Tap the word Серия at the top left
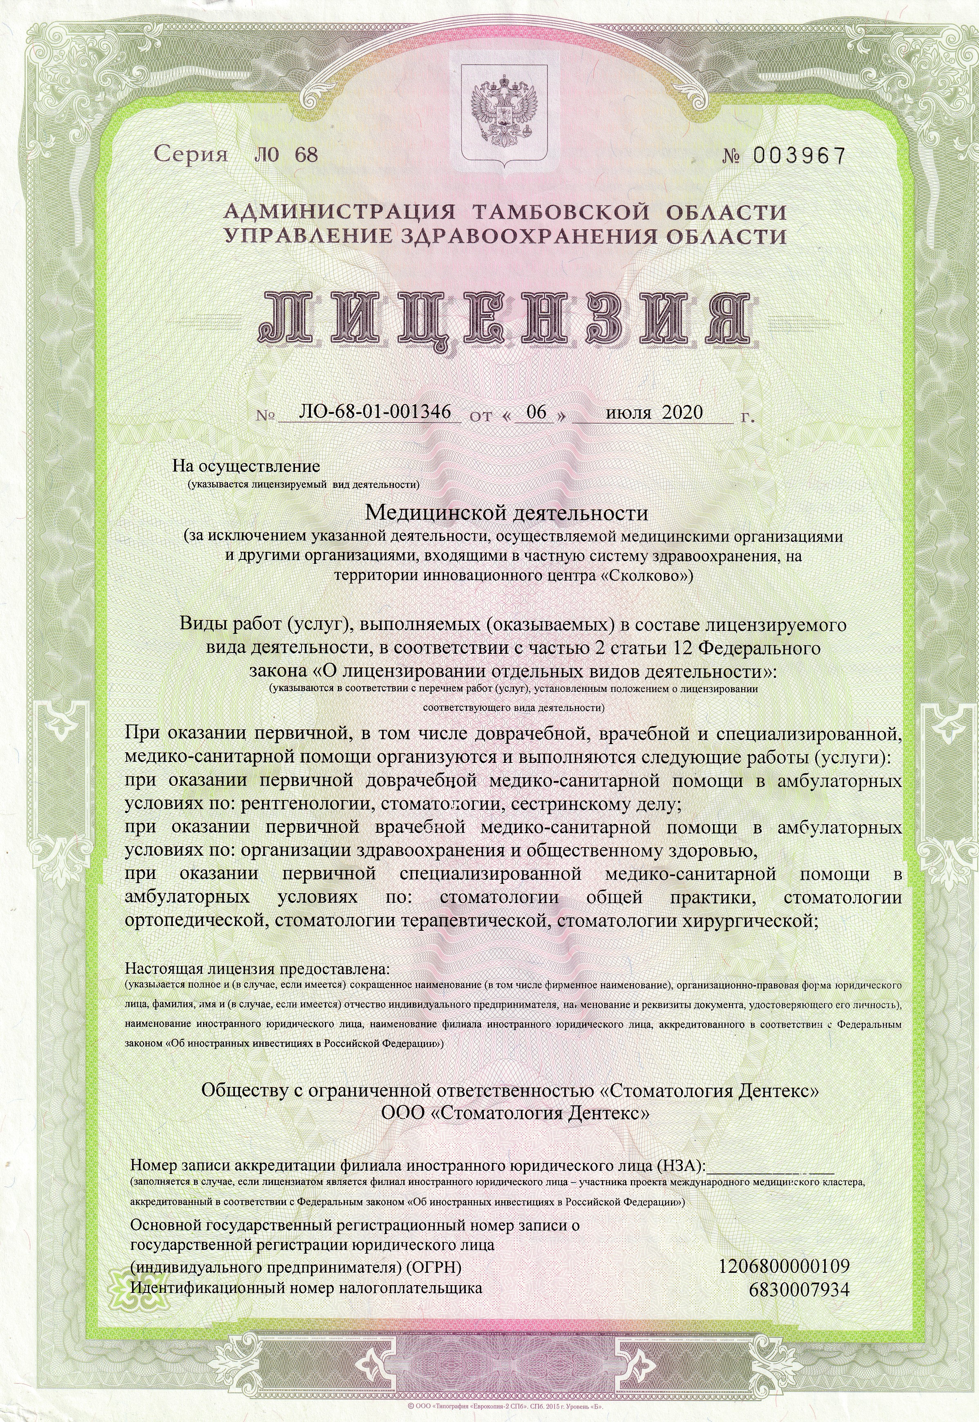(191, 153)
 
